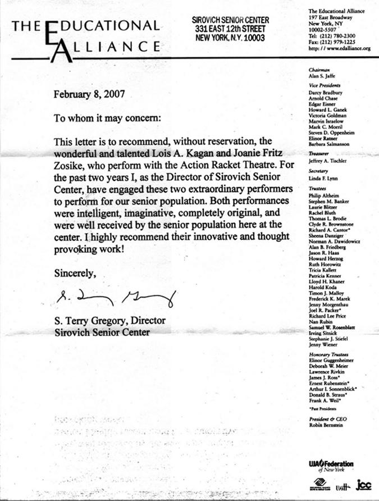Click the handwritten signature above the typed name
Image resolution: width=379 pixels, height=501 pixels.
(x=115, y=297)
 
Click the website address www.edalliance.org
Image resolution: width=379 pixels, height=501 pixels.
(x=345, y=49)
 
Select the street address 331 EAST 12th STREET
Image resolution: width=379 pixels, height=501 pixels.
(x=230, y=29)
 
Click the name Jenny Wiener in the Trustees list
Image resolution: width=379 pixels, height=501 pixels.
(x=323, y=345)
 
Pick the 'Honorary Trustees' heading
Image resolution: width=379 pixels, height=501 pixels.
(x=327, y=355)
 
